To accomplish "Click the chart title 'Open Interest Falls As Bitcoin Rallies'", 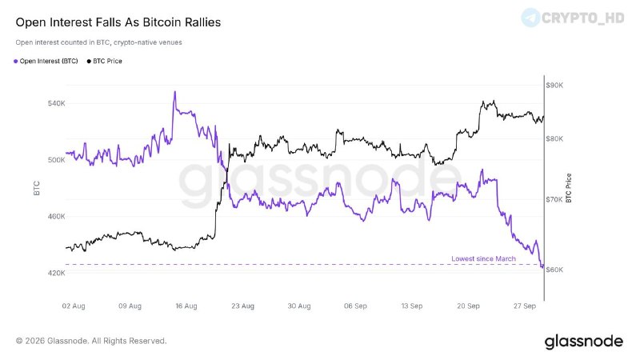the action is click(118, 22).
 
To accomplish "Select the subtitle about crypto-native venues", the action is click(98, 42).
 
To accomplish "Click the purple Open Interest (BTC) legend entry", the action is click(46, 62).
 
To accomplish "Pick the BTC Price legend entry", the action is click(105, 62).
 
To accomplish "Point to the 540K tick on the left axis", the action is click(56, 104).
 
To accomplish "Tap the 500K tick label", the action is click(56, 160).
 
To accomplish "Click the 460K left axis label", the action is click(56, 216).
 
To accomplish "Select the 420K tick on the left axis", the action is click(56, 273).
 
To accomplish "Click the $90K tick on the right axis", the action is click(554, 86).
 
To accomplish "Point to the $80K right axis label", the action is click(554, 138).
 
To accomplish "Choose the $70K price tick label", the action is click(554, 199).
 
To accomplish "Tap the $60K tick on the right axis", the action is click(554, 270).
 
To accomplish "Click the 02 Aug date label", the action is click(74, 306).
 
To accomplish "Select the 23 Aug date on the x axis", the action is click(243, 306).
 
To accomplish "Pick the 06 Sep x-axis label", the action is click(355, 306).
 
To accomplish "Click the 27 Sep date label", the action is click(525, 306).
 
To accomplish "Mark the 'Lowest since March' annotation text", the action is click(484, 258).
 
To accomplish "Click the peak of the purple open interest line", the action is click(175, 92).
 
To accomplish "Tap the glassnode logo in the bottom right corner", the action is click(584, 342).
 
